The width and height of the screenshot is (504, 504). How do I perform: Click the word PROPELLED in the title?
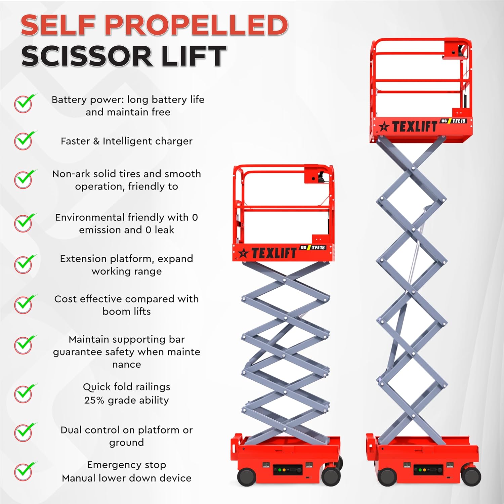(197, 25)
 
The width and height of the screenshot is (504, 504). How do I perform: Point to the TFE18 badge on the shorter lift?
(318, 248)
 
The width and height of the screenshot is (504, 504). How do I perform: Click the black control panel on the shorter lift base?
(288, 470)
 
